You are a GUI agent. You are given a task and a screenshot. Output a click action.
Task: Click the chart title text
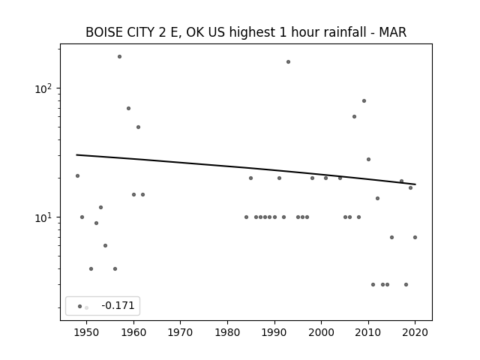coord(246,32)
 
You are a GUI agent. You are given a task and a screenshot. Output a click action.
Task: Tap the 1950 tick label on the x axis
coord(87,332)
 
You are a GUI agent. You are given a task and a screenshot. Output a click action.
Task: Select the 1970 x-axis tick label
coord(180,332)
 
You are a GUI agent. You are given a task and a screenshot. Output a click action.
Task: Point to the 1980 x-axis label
coord(227,332)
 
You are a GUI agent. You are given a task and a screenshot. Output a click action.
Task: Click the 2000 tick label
coord(321,332)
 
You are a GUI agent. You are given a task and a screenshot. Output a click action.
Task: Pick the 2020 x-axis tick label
coord(415,332)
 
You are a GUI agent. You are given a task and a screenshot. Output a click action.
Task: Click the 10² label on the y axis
coord(43,88)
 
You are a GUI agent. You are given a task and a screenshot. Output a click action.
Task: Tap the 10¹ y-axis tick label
coord(43,217)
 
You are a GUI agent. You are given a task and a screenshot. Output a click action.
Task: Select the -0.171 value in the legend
coord(118,305)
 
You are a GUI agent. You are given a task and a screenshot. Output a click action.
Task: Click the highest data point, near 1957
coord(120,57)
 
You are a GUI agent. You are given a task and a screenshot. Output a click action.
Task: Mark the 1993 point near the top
coord(288,61)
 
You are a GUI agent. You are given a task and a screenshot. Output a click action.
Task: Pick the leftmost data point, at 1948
coord(77,175)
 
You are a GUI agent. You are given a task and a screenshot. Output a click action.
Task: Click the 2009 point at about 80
coord(364,100)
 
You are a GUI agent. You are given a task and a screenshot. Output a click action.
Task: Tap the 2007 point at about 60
coord(354,117)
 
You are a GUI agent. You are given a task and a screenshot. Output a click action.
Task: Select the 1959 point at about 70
coord(128,108)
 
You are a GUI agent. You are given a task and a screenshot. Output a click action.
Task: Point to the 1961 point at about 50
coord(138,127)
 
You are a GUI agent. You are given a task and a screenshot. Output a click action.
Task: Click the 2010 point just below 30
coord(368,159)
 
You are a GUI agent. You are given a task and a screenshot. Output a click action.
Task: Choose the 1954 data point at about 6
coord(105,245)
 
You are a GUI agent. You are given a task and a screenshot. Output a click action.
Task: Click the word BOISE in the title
coord(103,32)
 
